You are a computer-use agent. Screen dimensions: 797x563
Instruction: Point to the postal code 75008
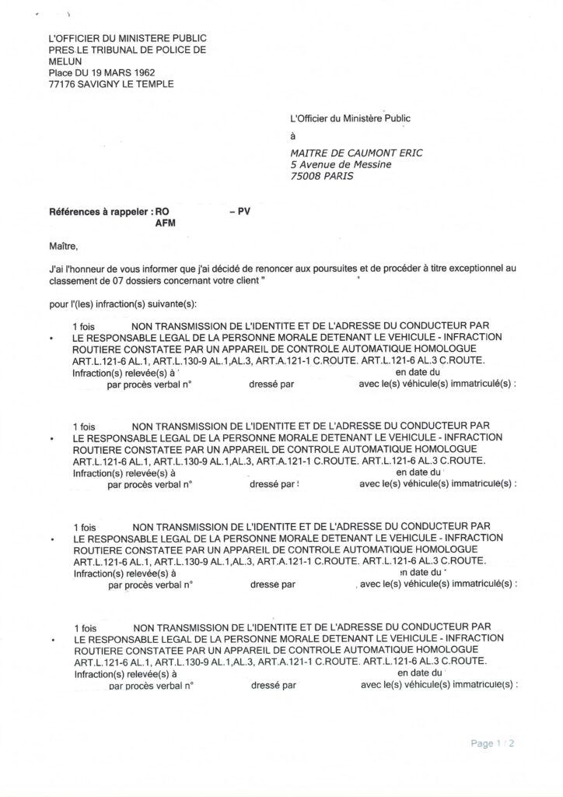305,176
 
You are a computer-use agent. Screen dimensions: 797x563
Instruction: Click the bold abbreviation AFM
166,223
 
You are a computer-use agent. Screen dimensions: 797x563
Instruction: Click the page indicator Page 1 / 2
492,743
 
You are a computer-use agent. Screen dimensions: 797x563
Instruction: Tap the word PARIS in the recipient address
337,176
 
